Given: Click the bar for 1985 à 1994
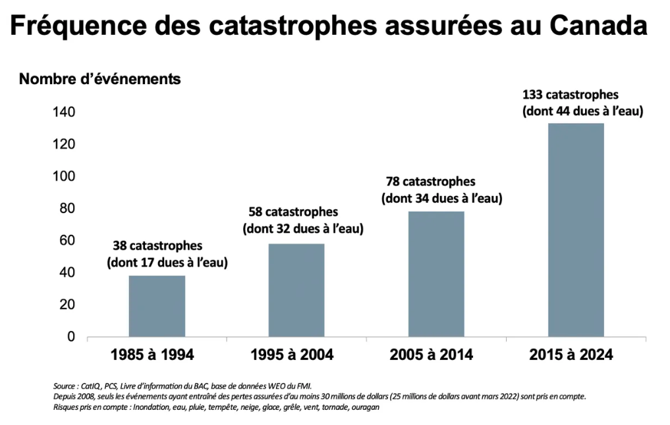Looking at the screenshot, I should pos(157,306).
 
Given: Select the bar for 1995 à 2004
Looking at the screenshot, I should pos(296,290).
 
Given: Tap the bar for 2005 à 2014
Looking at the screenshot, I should pos(436,274).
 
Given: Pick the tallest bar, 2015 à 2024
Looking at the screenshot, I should pos(576,230).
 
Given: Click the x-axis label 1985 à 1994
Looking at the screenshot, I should pos(152,355).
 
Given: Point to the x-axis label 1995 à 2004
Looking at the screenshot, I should pos(292,355).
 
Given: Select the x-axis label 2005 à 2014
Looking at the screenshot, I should pos(432,355).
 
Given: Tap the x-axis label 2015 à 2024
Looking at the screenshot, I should pos(571,355).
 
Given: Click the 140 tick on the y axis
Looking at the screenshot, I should pos(64,113).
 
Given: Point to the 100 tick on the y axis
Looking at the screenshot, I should pos(64,177).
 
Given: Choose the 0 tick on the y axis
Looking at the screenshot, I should pos(71,337).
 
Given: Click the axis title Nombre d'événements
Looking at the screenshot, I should pos(99,80).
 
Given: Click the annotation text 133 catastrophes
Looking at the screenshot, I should pos(571,95).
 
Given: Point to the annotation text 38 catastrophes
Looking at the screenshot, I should pos(157,246).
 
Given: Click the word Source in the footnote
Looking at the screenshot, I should pos(65,386).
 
